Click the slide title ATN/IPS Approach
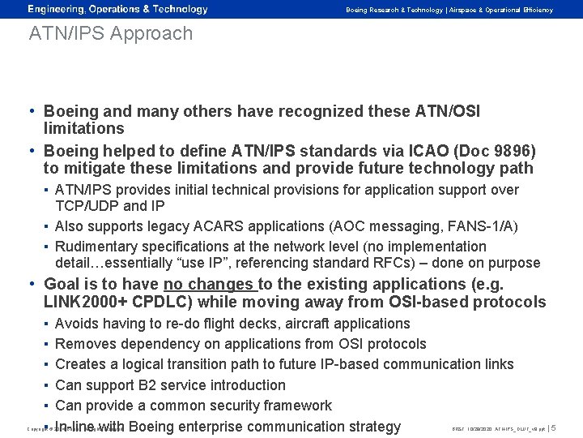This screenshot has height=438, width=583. click(110, 34)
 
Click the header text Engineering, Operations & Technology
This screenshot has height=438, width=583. click(118, 9)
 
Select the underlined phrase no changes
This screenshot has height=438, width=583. click(209, 286)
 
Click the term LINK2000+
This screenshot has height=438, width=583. click(83, 303)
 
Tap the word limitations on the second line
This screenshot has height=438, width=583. click(83, 128)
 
